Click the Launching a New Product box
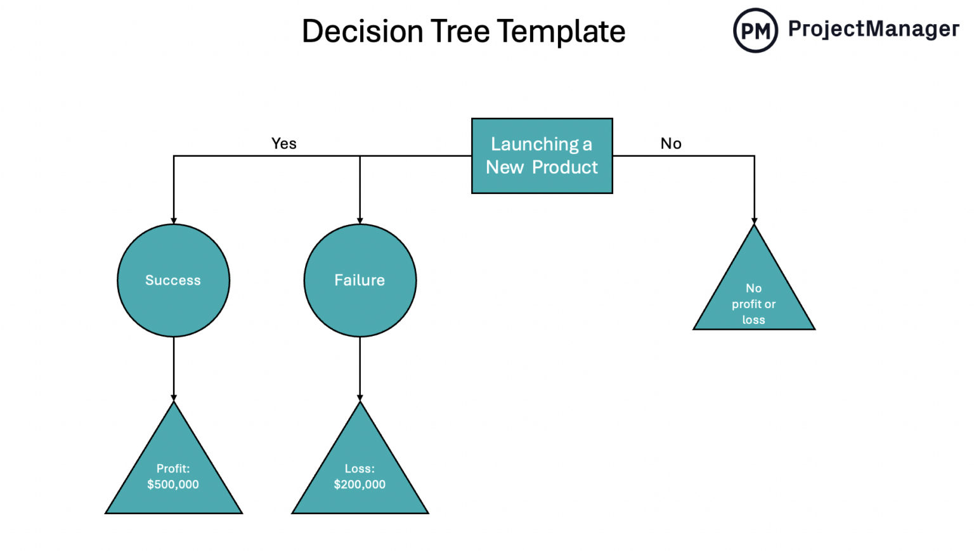[542, 156]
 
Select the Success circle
[173, 280]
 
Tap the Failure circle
[360, 280]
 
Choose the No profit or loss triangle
[753, 298]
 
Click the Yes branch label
[283, 143]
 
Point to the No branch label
[670, 143]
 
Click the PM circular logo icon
[755, 30]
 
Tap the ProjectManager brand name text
[873, 29]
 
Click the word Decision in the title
[362, 31]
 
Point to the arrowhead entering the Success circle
[174, 220]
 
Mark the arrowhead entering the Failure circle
[360, 220]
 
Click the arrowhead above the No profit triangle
[754, 220]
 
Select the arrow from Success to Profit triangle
[174, 368]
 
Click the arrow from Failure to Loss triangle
[360, 368]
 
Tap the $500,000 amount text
[173, 484]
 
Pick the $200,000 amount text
[360, 484]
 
